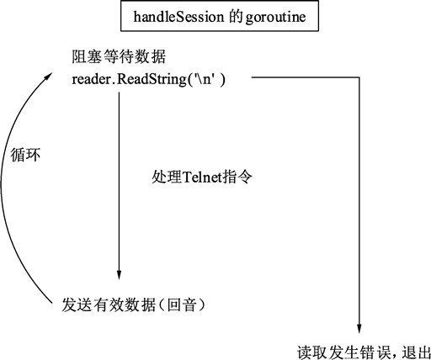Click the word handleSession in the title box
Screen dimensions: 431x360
pos(178,17)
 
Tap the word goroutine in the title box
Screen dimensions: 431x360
pos(275,18)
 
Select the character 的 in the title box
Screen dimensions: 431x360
pos(235,17)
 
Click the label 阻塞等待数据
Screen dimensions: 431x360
pos(119,57)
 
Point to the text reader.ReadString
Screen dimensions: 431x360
pos(129,79)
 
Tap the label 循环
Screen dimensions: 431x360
pos(25,155)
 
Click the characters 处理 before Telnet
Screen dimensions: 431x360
pos(167,177)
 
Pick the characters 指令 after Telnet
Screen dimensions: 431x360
pos(237,177)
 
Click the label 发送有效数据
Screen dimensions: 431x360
pos(109,304)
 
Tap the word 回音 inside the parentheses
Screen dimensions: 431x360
pos(182,304)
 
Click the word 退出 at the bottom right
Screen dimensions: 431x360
pos(416,352)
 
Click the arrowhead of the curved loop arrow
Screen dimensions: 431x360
pos(48,77)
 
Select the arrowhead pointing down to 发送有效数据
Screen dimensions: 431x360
pos(119,274)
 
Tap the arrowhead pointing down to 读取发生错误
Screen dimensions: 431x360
pos(359,328)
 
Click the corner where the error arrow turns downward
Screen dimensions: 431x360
pos(359,77)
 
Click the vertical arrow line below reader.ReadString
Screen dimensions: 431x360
pos(119,186)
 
